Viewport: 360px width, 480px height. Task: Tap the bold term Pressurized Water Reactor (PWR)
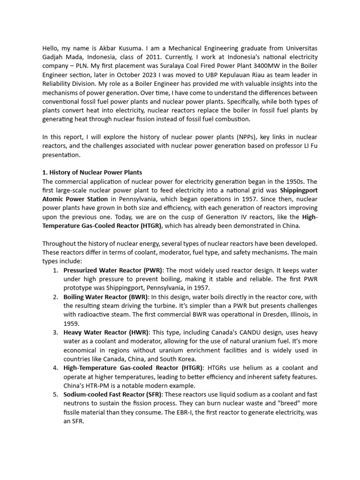click(x=113, y=271)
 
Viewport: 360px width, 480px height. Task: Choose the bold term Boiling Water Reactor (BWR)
click(x=106, y=297)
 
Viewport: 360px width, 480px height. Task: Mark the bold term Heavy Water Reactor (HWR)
click(x=104, y=332)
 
